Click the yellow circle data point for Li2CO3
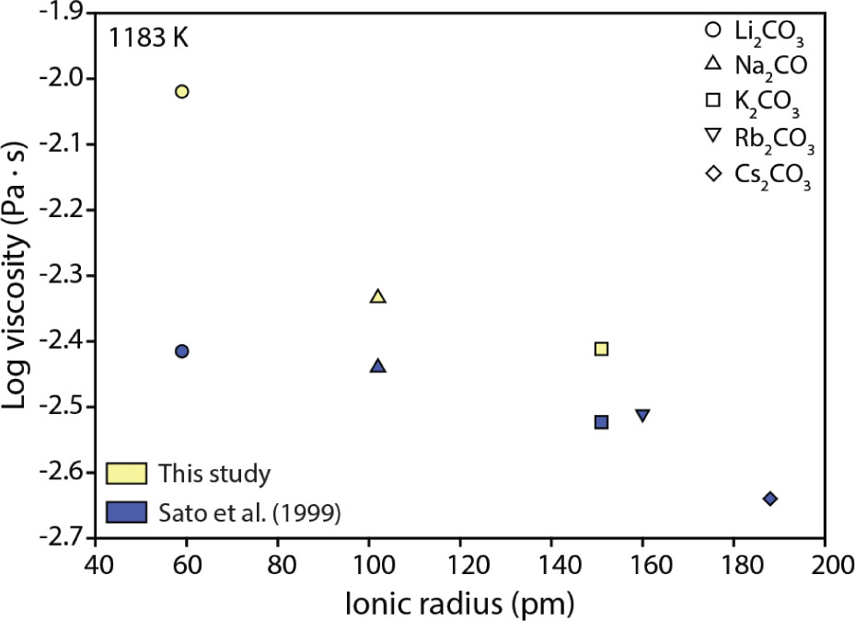[182, 91]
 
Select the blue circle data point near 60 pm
[182, 351]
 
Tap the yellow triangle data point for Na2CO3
[377, 296]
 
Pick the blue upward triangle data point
[377, 365]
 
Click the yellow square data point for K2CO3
[601, 349]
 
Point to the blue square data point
[601, 421]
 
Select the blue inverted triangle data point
[642, 416]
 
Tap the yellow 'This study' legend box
[127, 474]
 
